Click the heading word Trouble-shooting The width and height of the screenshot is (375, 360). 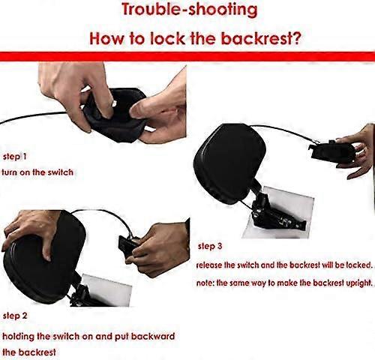pos(190,10)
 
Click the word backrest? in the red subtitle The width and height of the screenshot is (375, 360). pos(261,39)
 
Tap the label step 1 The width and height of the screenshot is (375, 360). pos(14,157)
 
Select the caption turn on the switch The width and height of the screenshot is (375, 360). pos(37,172)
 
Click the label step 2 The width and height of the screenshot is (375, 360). pos(15,316)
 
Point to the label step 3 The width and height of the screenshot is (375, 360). pos(210,247)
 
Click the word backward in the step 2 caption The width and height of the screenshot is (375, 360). pos(153,336)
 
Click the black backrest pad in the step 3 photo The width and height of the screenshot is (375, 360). pos(229,163)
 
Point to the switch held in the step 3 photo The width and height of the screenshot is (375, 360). pos(332,151)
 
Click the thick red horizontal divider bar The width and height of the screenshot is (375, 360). pos(187,56)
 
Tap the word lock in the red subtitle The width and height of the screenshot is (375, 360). pos(167,39)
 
